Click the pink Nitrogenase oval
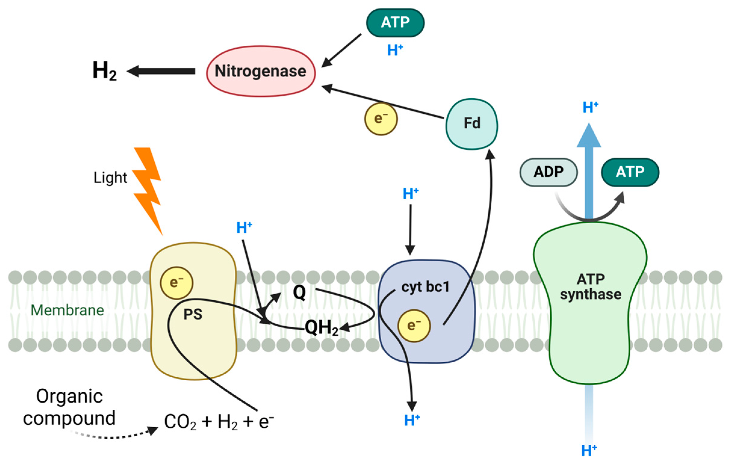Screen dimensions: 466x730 point(261,72)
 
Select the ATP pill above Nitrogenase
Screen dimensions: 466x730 point(395,23)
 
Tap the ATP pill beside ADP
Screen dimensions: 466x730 point(630,172)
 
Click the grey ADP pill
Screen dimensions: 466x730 point(549,172)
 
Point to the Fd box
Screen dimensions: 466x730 point(472,124)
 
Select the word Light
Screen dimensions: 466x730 point(110,178)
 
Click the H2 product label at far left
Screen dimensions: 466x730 point(104,71)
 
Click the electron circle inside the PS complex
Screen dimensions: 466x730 point(176,283)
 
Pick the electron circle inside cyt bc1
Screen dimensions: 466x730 point(414,326)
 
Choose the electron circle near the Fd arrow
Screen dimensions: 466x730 point(381,119)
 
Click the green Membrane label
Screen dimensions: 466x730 point(67,311)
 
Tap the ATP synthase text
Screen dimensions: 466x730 point(591,287)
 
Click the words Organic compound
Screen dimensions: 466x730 point(70,407)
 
